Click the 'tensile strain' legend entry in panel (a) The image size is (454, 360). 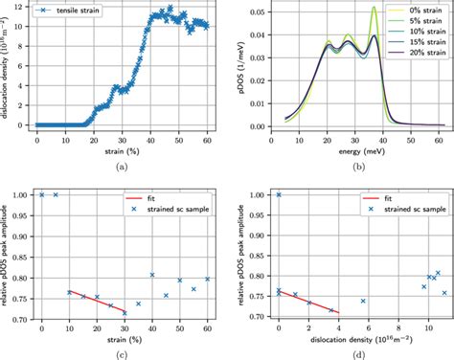click(x=80, y=12)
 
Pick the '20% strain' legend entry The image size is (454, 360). click(x=418, y=55)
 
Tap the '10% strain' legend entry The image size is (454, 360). click(x=418, y=34)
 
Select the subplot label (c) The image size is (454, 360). click(x=119, y=352)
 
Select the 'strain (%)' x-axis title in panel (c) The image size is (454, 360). click(x=119, y=338)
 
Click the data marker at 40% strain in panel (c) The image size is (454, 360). click(x=151, y=275)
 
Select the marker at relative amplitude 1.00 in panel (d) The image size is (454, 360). click(x=279, y=194)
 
